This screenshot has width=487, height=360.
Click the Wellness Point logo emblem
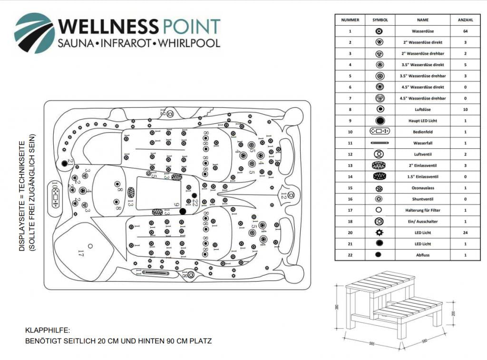coord(34,33)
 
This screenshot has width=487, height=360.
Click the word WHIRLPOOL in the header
coord(190,43)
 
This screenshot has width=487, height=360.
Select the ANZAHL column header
coord(465,20)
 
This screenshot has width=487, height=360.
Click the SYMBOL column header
coord(380,20)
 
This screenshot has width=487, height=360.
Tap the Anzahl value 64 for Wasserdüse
coord(465,31)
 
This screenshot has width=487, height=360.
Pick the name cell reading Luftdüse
coord(422,109)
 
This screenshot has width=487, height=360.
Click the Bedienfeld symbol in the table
coord(380,131)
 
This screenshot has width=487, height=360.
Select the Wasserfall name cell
coord(422,143)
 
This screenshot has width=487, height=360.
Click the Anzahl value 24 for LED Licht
coord(465,233)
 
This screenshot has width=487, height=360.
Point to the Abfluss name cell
coord(422,255)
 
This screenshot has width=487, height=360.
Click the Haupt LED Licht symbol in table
coord(380,120)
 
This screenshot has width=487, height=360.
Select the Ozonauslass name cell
coord(422,187)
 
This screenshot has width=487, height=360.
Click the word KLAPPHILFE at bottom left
coord(48,329)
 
